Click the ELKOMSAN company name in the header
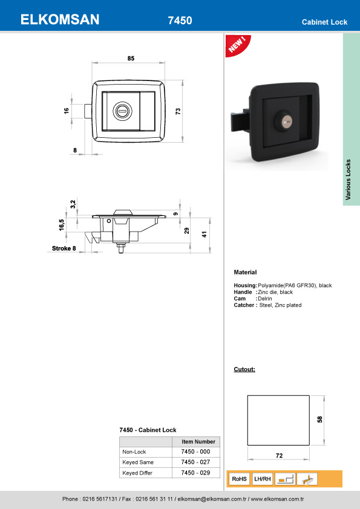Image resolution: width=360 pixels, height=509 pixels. pos(59,20)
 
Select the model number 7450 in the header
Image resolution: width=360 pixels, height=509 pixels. pos(180,21)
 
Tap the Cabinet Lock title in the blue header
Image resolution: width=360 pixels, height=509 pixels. pos(324,22)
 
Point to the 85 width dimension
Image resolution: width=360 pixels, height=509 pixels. pos(131,58)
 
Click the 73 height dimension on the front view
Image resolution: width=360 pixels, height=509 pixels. pos(178,112)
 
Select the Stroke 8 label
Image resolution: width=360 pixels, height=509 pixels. pos(64,248)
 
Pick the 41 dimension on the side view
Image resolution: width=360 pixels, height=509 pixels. pos(205,234)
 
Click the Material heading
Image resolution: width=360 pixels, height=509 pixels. pos(245,272)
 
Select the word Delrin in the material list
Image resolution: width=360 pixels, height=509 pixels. pos(265,299)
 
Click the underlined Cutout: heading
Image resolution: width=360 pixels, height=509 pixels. pos(244,369)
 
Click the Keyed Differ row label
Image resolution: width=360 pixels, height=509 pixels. pos(139,473)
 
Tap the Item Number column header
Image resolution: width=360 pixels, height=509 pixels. pos(198,442)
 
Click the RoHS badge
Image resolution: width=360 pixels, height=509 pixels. pos(239,479)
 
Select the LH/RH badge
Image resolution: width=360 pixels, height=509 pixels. pos(262,479)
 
